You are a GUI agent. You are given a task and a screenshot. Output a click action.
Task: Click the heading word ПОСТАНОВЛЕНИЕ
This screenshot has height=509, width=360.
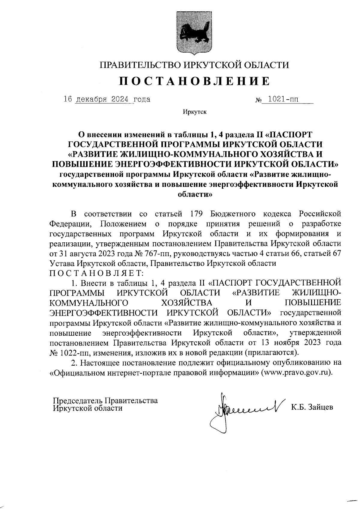tap(195, 81)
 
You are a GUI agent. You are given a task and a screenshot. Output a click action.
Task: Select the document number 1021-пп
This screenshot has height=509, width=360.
tap(281, 99)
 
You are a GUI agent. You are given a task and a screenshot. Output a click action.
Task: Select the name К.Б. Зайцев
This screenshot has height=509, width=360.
tap(312, 407)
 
